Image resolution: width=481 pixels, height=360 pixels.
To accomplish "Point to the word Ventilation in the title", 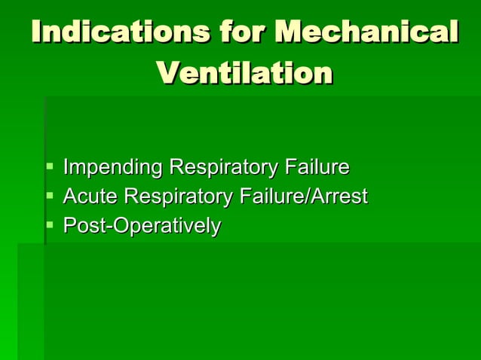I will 244,73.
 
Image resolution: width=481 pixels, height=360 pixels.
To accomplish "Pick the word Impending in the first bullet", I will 112,166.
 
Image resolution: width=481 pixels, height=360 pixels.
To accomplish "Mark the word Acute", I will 90,197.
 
